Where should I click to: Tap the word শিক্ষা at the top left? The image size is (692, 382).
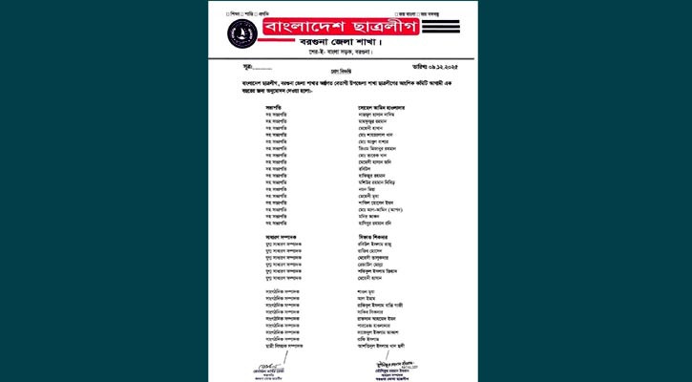point(235,13)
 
